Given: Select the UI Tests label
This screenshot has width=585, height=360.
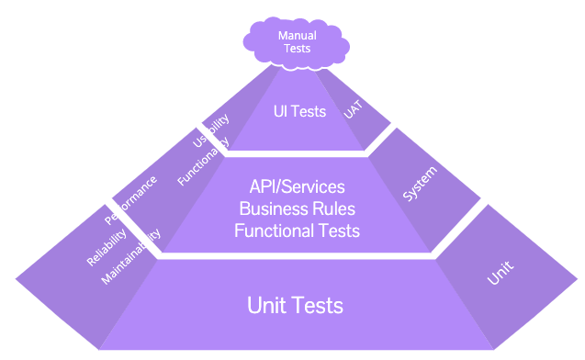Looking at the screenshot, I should tap(299, 111).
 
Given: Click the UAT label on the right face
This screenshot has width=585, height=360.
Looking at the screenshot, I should tap(353, 110).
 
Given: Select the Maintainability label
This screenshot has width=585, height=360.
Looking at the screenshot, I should tap(131, 257).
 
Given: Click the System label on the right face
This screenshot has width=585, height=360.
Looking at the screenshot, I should tap(420, 184).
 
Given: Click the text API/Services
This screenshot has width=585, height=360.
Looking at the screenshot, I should tap(297, 188).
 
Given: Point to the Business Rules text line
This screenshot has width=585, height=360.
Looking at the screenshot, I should tap(297, 209).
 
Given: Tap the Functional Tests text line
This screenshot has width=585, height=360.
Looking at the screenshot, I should tap(297, 231).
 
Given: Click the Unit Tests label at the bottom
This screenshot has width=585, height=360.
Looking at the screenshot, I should tap(296, 305).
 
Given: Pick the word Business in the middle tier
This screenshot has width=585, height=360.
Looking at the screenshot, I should tap(273, 209).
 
